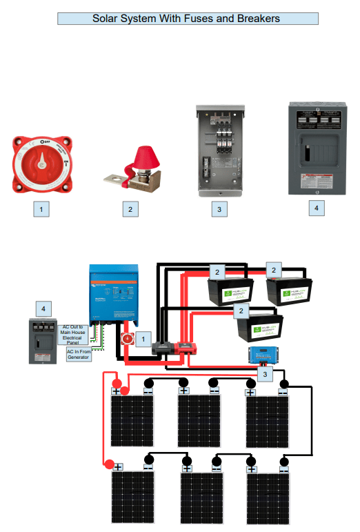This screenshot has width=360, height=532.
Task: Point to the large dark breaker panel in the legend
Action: [315, 148]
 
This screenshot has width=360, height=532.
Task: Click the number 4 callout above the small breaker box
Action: [43, 307]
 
